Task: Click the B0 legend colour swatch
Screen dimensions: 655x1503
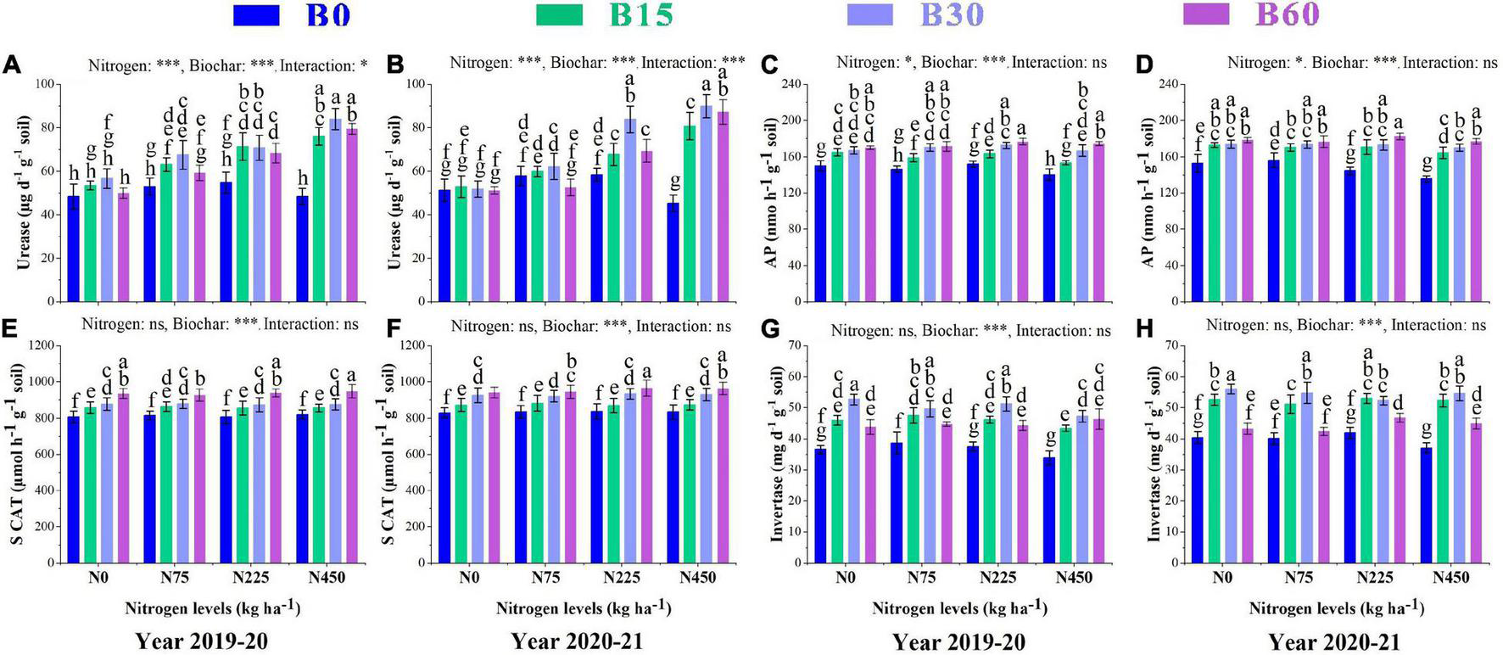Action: pyautogui.click(x=255, y=14)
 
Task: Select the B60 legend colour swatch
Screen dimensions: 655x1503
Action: pyautogui.click(x=1205, y=14)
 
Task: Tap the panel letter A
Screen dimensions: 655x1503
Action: pyautogui.click(x=11, y=65)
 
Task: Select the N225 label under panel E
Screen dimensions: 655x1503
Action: pyautogui.click(x=251, y=578)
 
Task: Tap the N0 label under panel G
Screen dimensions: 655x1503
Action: pyautogui.click(x=845, y=578)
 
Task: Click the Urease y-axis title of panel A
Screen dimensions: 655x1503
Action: pyautogui.click(x=24, y=193)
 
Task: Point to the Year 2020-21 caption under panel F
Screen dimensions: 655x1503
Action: pyautogui.click(x=577, y=641)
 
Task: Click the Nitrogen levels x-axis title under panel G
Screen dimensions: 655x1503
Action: pyautogui.click(x=959, y=608)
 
